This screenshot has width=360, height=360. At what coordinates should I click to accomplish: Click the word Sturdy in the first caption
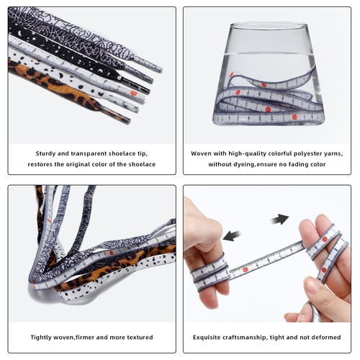tap(47, 153)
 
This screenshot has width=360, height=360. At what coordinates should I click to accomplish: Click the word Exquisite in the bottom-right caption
tap(210, 337)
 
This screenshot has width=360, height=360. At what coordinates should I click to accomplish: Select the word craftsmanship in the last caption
tap(253, 337)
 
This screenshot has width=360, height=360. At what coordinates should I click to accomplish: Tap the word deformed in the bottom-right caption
tap(330, 337)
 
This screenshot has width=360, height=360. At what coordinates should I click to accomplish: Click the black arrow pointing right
tap(280, 218)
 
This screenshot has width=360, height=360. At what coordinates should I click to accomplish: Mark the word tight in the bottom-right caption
tap(289, 337)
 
